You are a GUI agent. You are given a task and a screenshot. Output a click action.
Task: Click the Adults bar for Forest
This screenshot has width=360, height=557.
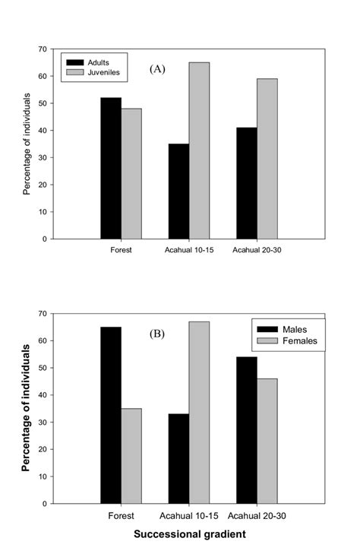[x=111, y=168]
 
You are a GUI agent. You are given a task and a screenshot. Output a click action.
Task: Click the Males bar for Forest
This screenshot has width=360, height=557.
[x=111, y=415]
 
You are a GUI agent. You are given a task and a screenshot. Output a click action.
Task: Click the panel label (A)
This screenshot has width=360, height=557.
[x=157, y=69]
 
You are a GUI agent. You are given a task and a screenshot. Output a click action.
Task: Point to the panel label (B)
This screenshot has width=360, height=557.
[x=156, y=333]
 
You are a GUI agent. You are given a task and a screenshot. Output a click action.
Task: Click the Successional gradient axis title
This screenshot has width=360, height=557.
[x=189, y=534]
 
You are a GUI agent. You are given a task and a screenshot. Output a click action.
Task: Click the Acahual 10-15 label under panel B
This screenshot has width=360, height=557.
[x=189, y=514]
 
